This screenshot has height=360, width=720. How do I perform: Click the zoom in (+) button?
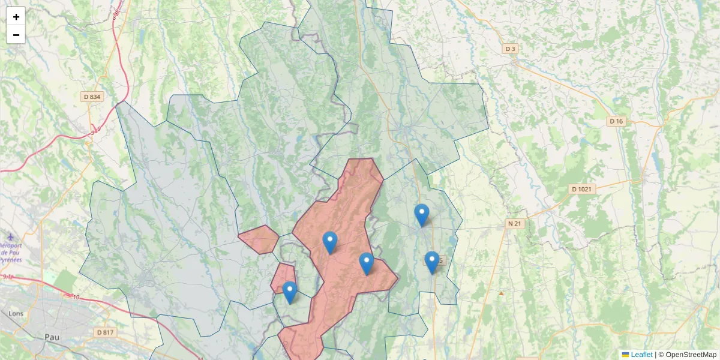coord(16,17)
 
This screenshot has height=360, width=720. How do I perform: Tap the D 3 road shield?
coord(510,49)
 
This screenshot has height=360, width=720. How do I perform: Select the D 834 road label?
coord(92,97)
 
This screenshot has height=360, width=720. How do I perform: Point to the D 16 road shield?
coord(616,121)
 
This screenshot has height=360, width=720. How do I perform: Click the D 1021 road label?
coord(581,189)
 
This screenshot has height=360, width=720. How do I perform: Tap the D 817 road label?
coord(104,332)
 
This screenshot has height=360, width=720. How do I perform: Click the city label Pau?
coord(52,337)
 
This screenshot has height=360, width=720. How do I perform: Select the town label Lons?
coord(16,313)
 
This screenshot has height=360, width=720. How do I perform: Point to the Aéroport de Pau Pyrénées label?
coord(11,253)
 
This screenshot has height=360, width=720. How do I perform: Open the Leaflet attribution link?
coord(641,355)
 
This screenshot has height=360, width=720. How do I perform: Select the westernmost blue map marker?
coord(290,292)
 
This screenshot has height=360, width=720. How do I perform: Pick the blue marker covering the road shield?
coord(432,262)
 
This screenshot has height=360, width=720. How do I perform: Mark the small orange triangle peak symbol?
coord(501,293)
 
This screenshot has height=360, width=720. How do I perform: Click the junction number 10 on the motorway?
coord(76,297)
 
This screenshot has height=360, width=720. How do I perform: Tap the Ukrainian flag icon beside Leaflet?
coord(625,355)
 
